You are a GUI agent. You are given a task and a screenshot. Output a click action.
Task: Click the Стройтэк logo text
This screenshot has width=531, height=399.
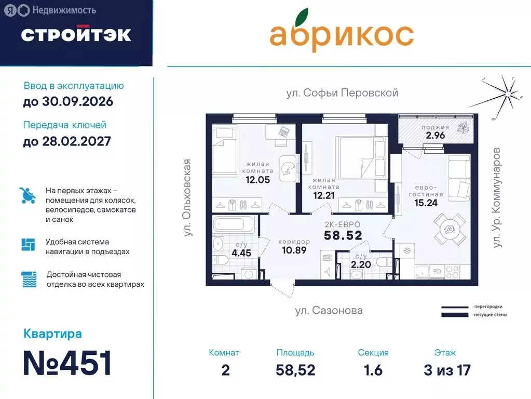click(x=76, y=34)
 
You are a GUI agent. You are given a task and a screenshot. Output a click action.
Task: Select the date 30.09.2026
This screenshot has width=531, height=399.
click(x=68, y=101)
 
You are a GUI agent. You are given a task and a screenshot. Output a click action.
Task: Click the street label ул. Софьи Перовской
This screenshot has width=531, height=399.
click(x=342, y=93)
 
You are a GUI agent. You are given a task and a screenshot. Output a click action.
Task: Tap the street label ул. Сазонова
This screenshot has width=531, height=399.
click(x=329, y=311)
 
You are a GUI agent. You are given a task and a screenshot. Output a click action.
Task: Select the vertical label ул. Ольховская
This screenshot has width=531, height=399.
click(x=188, y=198)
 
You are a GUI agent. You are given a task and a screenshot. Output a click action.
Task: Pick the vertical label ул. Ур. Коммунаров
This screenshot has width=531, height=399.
click(x=497, y=197)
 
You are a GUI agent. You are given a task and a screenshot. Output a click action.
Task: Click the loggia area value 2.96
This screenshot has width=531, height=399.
click(x=435, y=136)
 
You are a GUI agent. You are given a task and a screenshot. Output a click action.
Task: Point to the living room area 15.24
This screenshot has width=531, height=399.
click(x=426, y=203)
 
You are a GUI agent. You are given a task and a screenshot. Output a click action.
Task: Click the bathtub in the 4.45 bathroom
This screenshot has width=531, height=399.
click(x=234, y=225)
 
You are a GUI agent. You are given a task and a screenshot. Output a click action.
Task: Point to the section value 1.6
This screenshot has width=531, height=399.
click(x=373, y=370)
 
